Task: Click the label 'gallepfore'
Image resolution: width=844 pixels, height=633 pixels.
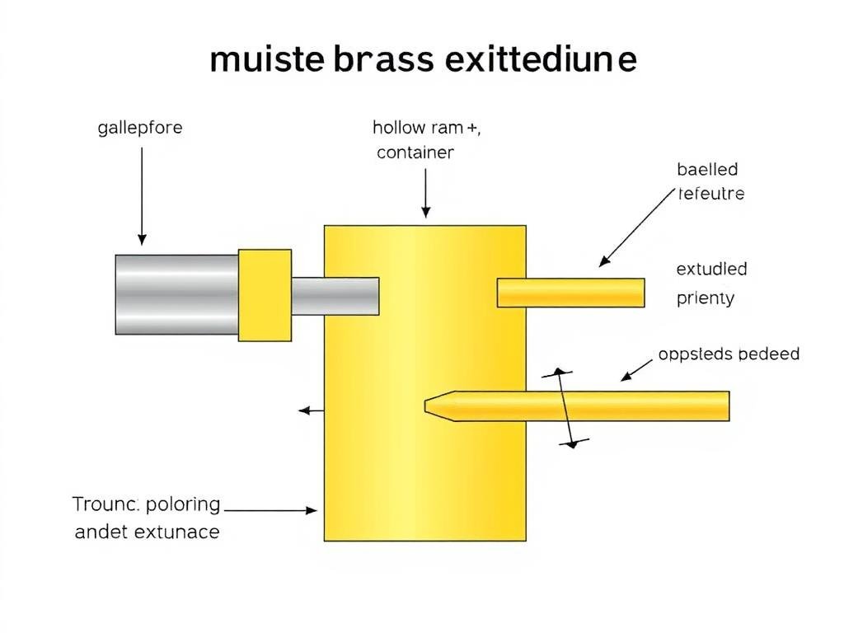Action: pyautogui.click(x=140, y=129)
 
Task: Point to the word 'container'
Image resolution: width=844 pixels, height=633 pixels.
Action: pyautogui.click(x=415, y=152)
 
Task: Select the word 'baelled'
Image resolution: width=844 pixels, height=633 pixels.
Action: pyautogui.click(x=707, y=170)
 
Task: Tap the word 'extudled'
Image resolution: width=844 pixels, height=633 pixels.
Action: pyautogui.click(x=711, y=270)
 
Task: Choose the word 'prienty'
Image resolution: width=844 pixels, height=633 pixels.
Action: pyautogui.click(x=705, y=298)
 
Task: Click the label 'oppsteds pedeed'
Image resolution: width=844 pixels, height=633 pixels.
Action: pyautogui.click(x=729, y=354)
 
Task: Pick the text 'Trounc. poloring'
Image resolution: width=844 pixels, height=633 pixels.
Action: pyautogui.click(x=146, y=504)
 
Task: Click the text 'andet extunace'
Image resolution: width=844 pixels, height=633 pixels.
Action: pyautogui.click(x=147, y=532)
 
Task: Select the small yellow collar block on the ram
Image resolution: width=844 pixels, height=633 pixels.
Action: pyautogui.click(x=265, y=294)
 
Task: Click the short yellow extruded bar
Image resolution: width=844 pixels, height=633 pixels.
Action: pyautogui.click(x=570, y=293)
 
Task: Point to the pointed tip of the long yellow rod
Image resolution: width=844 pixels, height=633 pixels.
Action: pyautogui.click(x=431, y=406)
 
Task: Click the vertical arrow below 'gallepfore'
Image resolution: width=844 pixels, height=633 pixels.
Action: pyautogui.click(x=142, y=193)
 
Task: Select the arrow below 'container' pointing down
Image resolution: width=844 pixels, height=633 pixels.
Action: pyautogui.click(x=425, y=193)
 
